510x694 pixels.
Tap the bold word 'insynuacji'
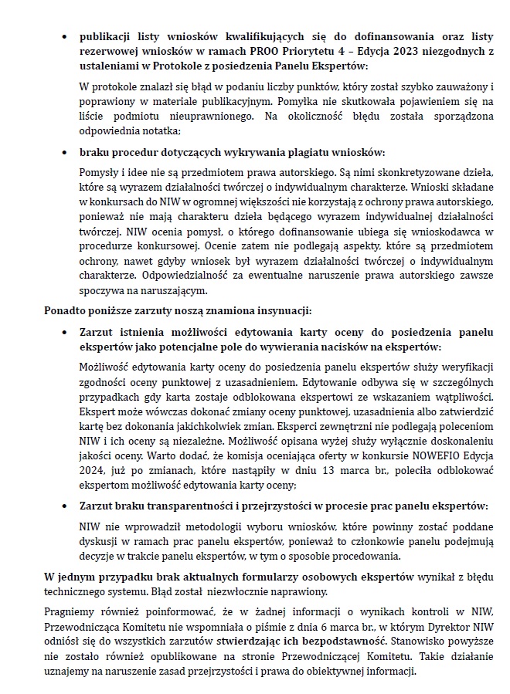(x=283, y=311)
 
